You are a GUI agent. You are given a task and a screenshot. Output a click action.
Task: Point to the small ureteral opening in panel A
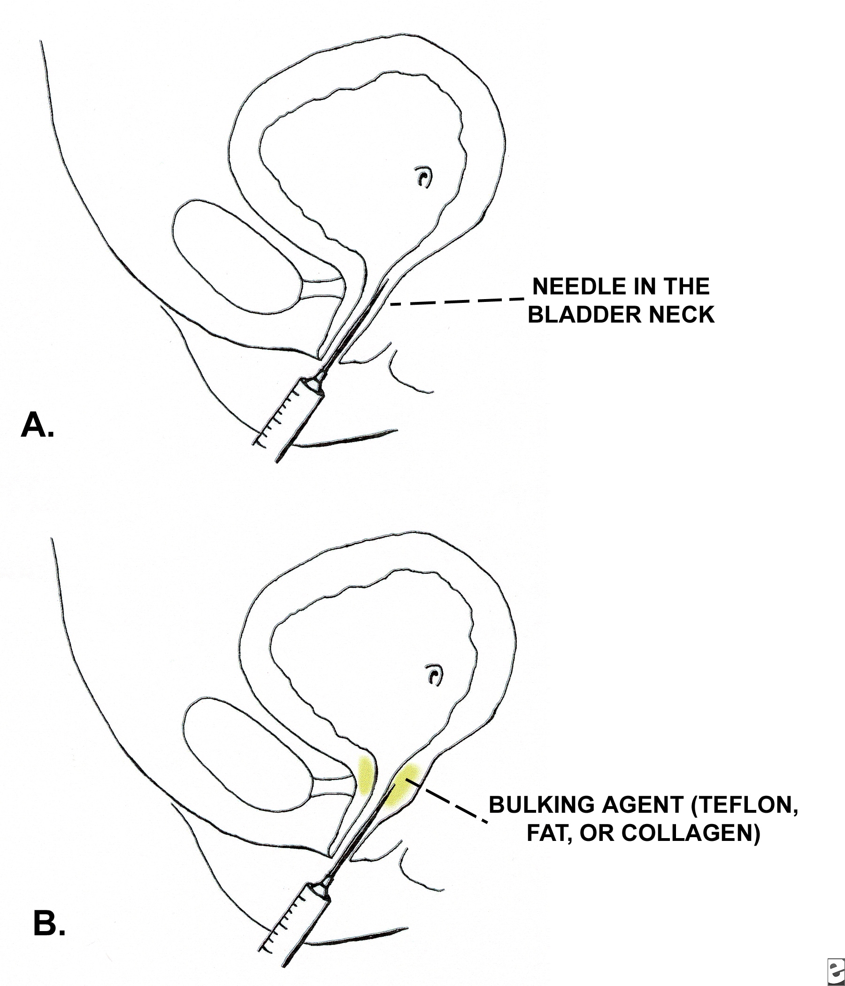pyautogui.click(x=423, y=177)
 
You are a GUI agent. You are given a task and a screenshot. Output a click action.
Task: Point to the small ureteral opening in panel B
pyautogui.click(x=434, y=675)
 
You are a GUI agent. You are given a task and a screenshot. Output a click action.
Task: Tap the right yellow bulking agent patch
pyautogui.click(x=402, y=790)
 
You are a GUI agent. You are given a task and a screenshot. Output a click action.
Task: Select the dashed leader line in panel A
pyautogui.click(x=457, y=301)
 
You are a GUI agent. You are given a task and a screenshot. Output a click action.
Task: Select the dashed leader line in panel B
pyautogui.click(x=452, y=804)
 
